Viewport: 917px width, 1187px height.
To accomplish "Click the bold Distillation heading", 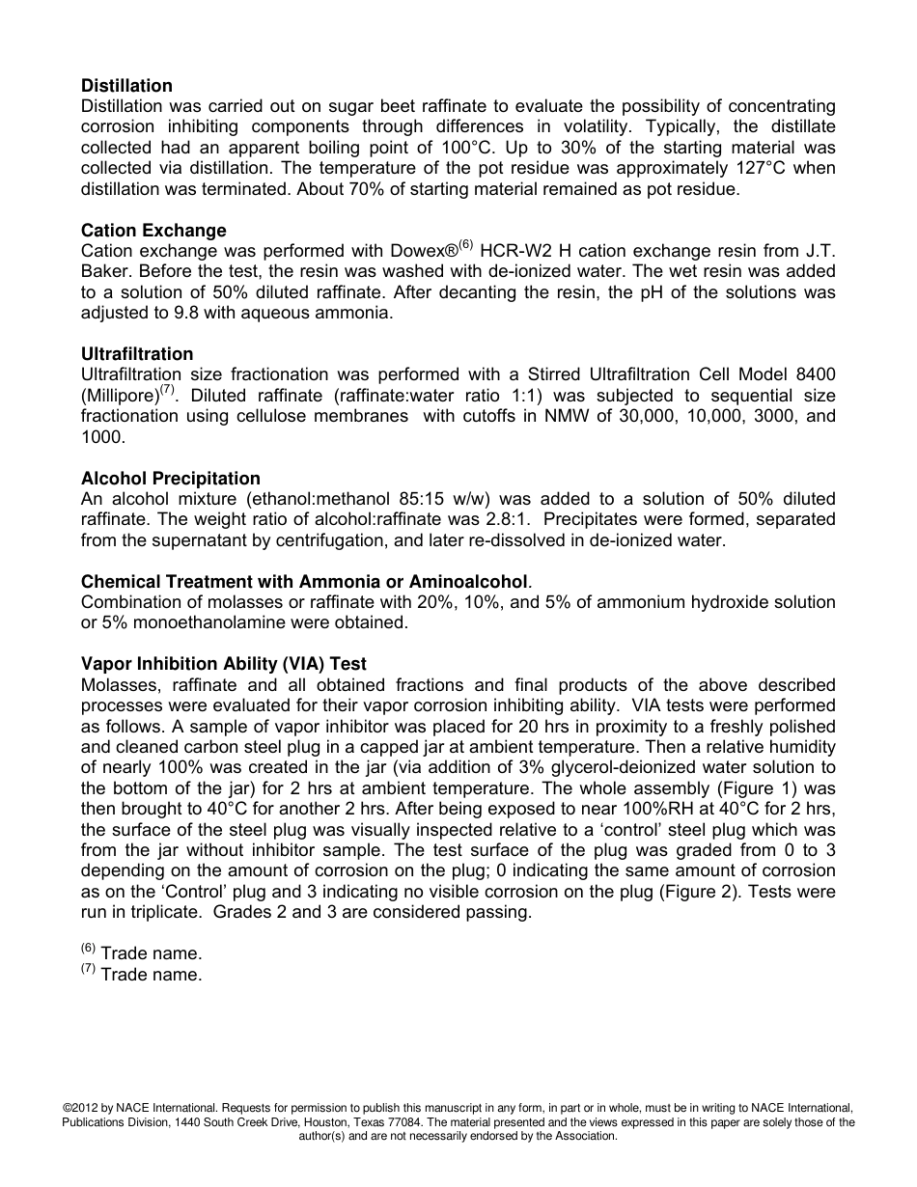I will click(x=126, y=86).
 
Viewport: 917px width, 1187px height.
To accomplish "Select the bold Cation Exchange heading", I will click(x=153, y=231).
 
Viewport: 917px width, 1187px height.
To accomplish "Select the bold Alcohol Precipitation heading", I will click(x=171, y=479).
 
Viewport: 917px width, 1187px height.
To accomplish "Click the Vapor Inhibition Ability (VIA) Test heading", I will click(x=223, y=664).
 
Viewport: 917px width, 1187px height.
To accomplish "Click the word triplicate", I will click(x=157, y=912).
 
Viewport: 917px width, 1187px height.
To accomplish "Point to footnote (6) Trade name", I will click(x=142, y=953).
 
